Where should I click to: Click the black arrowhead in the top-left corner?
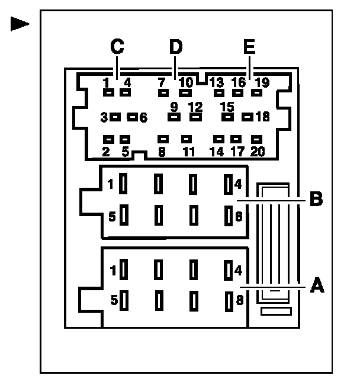pyautogui.click(x=21, y=24)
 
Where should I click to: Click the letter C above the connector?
pyautogui.click(x=117, y=46)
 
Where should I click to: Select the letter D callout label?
pyautogui.click(x=175, y=46)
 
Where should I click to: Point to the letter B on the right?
pyautogui.click(x=317, y=200)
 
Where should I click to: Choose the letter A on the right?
pyautogui.click(x=317, y=286)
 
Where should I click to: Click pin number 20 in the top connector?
pyautogui.click(x=258, y=152)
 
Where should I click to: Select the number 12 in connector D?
pyautogui.click(x=195, y=107)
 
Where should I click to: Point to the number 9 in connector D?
pyautogui.click(x=174, y=107)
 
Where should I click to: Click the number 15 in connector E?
pyautogui.click(x=227, y=107)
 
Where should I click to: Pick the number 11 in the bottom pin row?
pyautogui.click(x=188, y=152)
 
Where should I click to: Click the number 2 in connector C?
pyautogui.click(x=106, y=152)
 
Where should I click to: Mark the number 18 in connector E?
pyautogui.click(x=262, y=117)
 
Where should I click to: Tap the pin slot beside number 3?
pyautogui.click(x=115, y=117)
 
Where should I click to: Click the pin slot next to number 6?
pyautogui.click(x=133, y=117)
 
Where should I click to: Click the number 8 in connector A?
pyautogui.click(x=239, y=300)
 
